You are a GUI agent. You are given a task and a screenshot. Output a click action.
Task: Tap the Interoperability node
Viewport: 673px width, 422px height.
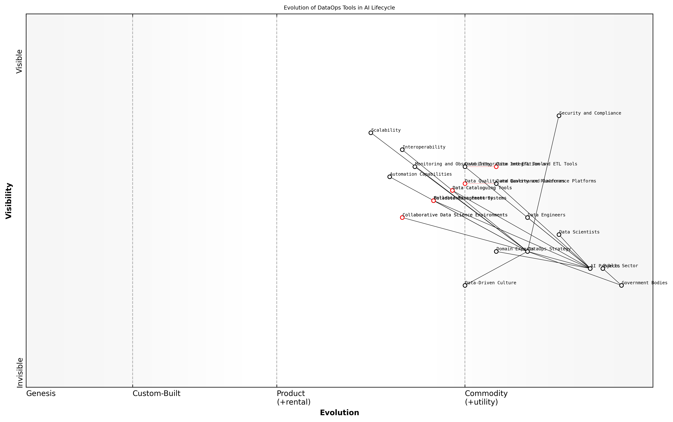pos(402,150)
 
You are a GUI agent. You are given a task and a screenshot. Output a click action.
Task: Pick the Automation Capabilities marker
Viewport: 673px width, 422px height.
pos(390,177)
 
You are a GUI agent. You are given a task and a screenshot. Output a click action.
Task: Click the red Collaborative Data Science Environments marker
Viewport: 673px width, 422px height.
pos(402,217)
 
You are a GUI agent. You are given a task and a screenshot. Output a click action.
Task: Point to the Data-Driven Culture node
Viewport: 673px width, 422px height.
pos(465,285)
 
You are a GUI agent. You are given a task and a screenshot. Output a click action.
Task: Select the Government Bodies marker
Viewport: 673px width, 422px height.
pos(621,285)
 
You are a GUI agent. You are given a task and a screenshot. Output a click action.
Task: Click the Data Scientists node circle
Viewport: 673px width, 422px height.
pos(559,235)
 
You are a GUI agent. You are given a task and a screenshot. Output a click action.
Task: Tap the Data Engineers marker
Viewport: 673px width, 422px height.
pos(527,217)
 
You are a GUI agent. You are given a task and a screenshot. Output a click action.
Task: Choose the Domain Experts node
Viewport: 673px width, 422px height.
pos(496,251)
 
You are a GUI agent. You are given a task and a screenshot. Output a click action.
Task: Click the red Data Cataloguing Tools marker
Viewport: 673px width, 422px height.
pos(452,190)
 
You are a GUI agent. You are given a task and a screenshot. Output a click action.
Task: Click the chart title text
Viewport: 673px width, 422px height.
pos(339,8)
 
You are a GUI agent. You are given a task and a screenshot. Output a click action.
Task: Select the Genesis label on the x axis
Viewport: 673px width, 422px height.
pos(41,393)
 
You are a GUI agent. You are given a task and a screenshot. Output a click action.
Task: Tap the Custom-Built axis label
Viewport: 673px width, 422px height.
pos(156,393)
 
